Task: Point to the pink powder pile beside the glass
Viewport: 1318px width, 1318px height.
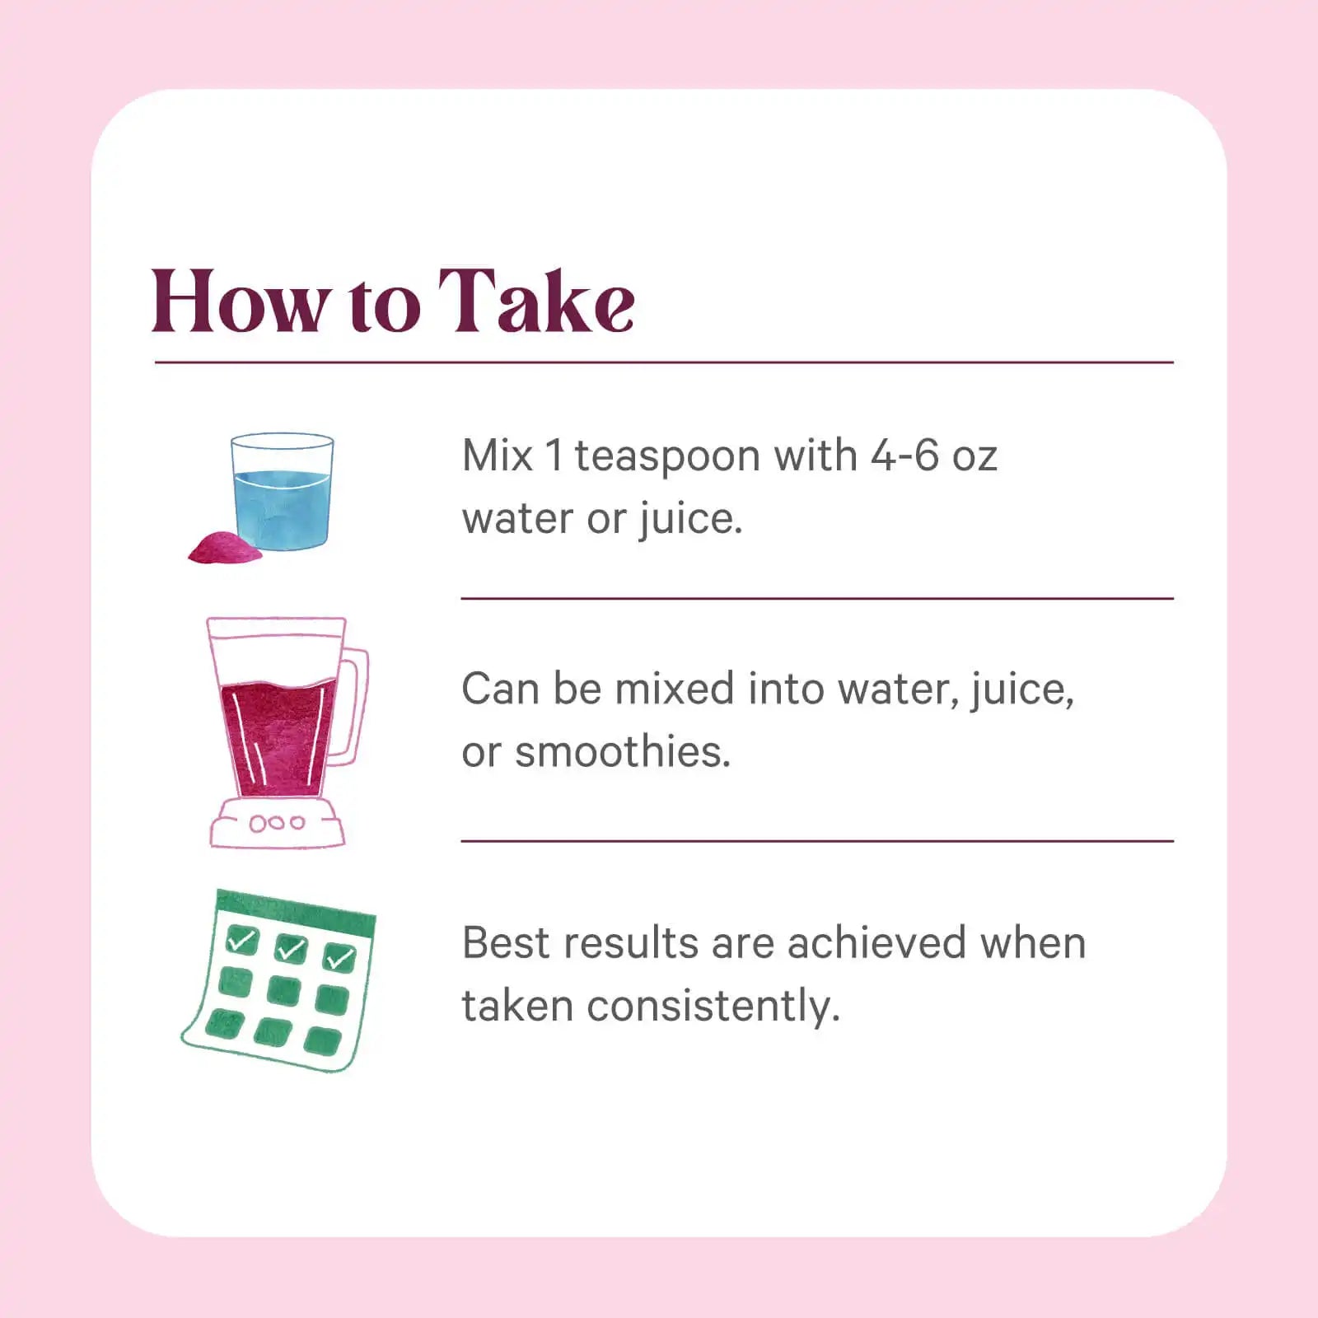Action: click(x=224, y=547)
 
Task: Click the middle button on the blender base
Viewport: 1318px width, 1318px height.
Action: click(x=277, y=822)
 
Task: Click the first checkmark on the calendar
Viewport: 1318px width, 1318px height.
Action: click(x=242, y=939)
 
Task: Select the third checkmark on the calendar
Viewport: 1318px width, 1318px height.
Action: click(x=340, y=958)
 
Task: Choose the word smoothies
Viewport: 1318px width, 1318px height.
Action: click(x=623, y=751)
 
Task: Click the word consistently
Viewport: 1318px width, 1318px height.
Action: click(x=713, y=1007)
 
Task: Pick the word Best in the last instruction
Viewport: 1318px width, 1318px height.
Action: click(x=498, y=943)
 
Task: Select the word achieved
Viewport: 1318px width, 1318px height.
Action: click(x=876, y=943)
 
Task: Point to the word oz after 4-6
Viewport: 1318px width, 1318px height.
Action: click(x=975, y=460)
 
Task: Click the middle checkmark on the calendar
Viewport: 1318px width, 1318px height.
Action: click(x=292, y=949)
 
